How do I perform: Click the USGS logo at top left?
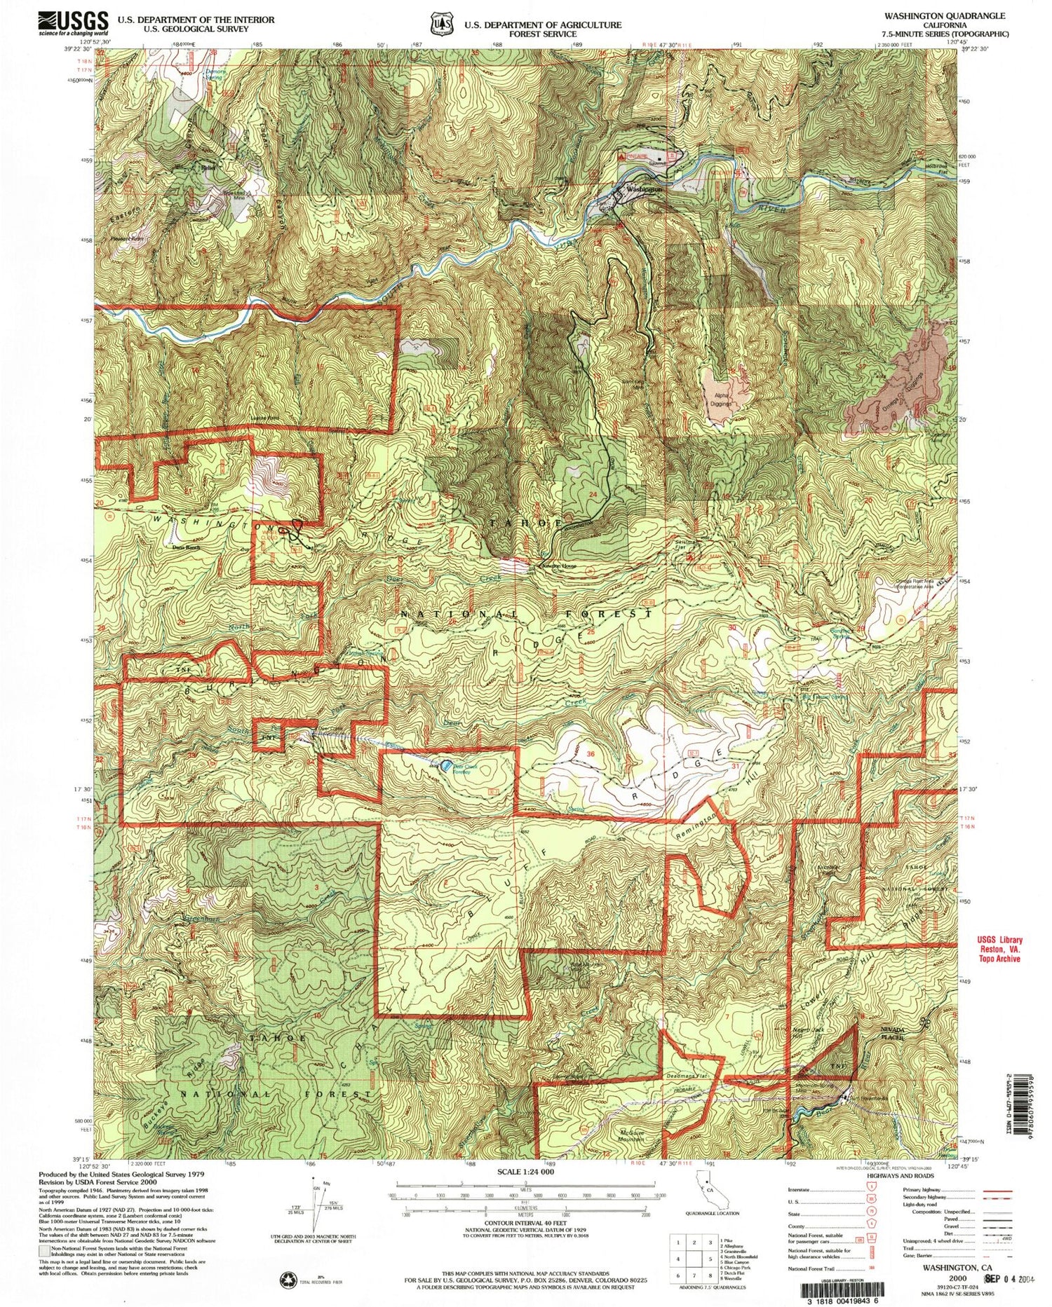[x=74, y=23]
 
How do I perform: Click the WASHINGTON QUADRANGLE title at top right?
[x=944, y=15]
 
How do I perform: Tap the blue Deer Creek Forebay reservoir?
[x=445, y=765]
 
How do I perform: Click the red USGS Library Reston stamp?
[x=999, y=949]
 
